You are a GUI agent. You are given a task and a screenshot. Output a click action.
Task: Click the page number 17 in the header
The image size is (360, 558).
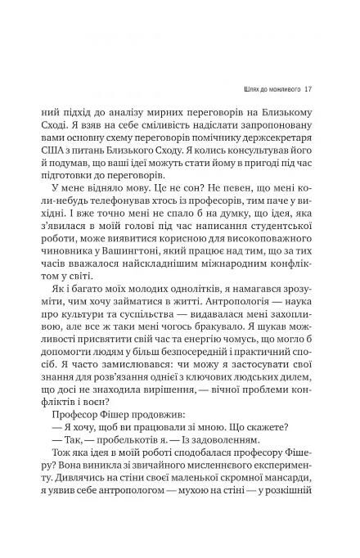307,88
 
